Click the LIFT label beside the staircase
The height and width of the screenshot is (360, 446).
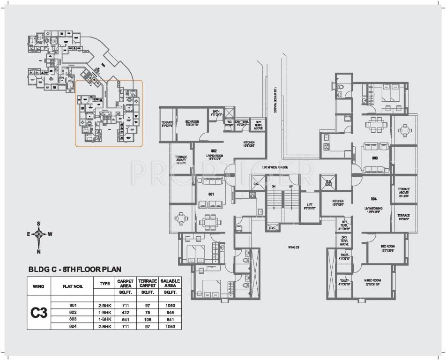[309, 204]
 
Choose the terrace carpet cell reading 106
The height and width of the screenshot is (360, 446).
[148, 319]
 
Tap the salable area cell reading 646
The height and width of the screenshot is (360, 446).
[170, 312]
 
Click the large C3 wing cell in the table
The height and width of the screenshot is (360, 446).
[40, 313]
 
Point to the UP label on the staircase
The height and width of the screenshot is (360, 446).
[290, 186]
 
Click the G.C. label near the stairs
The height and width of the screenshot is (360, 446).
[256, 183]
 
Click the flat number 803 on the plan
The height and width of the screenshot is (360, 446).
[375, 158]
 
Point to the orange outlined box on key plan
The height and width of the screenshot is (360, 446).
[109, 113]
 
